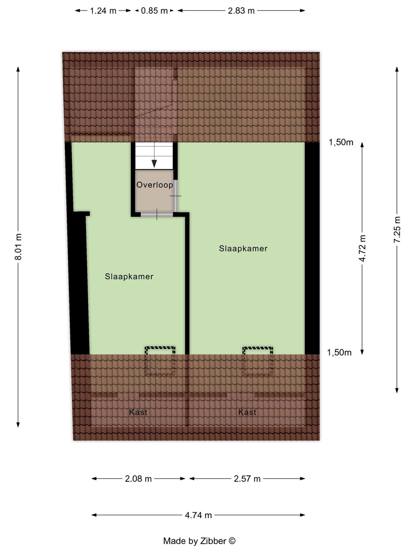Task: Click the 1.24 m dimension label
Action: click(103, 11)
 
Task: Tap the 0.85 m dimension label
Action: click(154, 11)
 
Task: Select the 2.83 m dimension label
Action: click(241, 11)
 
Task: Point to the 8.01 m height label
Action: click(18, 246)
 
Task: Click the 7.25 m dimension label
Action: click(397, 229)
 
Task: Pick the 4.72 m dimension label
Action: click(363, 248)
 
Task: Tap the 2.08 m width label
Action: click(138, 479)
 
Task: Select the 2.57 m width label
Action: click(247, 479)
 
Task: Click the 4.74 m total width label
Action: click(198, 515)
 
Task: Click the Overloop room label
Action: click(155, 185)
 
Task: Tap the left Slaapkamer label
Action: click(129, 277)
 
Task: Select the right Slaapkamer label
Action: click(243, 249)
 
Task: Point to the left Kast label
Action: click(138, 412)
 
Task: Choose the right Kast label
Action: click(247, 412)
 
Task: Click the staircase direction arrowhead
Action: click(154, 164)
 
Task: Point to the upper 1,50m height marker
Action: click(341, 142)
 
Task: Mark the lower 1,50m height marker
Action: click(339, 353)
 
